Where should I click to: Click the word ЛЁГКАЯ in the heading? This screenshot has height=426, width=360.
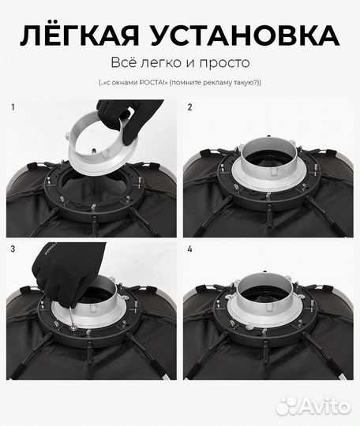pos(80,35)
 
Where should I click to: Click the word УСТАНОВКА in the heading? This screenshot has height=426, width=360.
pos(245,35)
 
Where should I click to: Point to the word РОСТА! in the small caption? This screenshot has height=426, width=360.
pos(154,83)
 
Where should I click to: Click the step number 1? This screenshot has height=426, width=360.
pos(13,107)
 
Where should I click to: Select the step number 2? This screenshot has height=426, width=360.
pos(189,107)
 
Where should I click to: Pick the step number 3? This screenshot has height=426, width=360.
pos(13,248)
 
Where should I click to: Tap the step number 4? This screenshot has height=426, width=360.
pos(189,248)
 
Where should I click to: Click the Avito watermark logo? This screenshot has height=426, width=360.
pos(313,406)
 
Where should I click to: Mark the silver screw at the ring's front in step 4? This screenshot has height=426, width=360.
pos(248,327)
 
